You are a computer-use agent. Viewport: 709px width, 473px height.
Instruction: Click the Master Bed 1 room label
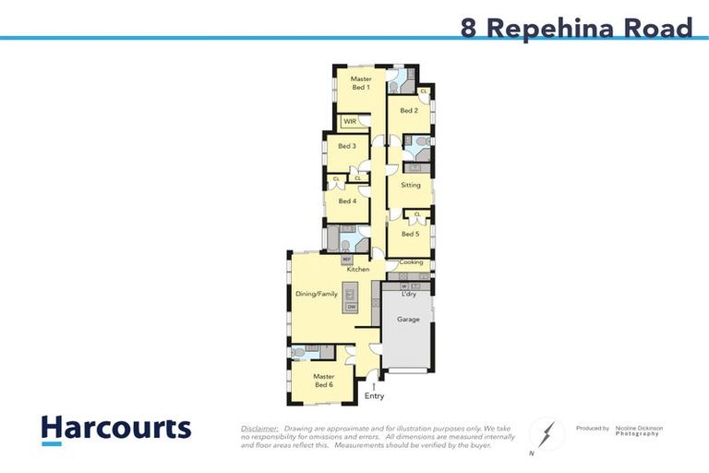pos(360,83)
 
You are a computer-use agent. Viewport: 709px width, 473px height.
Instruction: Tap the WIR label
pos(350,121)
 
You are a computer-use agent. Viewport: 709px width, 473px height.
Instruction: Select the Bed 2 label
pos(409,111)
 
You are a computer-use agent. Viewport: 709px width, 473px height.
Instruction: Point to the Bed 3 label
pos(346,146)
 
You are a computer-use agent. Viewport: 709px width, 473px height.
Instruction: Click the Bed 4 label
pos(347,200)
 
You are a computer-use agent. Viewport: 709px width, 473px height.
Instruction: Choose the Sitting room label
pos(410,185)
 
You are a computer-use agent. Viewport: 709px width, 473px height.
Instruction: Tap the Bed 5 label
pos(410,234)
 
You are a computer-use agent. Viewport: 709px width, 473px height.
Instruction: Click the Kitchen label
pos(358,269)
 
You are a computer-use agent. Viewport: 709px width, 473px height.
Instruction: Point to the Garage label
pos(408,320)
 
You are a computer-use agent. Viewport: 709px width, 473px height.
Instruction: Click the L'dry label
pos(408,295)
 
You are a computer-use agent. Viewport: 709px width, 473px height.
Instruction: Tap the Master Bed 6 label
pos(323,381)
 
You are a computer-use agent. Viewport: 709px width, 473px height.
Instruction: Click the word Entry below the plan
pos(374,396)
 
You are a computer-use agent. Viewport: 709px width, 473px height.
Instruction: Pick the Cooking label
pos(411,262)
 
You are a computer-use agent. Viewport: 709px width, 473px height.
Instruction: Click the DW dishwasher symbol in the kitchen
pos(351,306)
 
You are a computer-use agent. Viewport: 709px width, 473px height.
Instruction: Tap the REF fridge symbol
pos(346,260)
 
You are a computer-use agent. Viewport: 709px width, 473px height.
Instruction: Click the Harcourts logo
pos(115,429)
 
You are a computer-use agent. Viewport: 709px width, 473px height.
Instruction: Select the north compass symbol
pos(546,434)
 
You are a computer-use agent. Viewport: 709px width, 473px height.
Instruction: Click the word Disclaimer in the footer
pos(259,429)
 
